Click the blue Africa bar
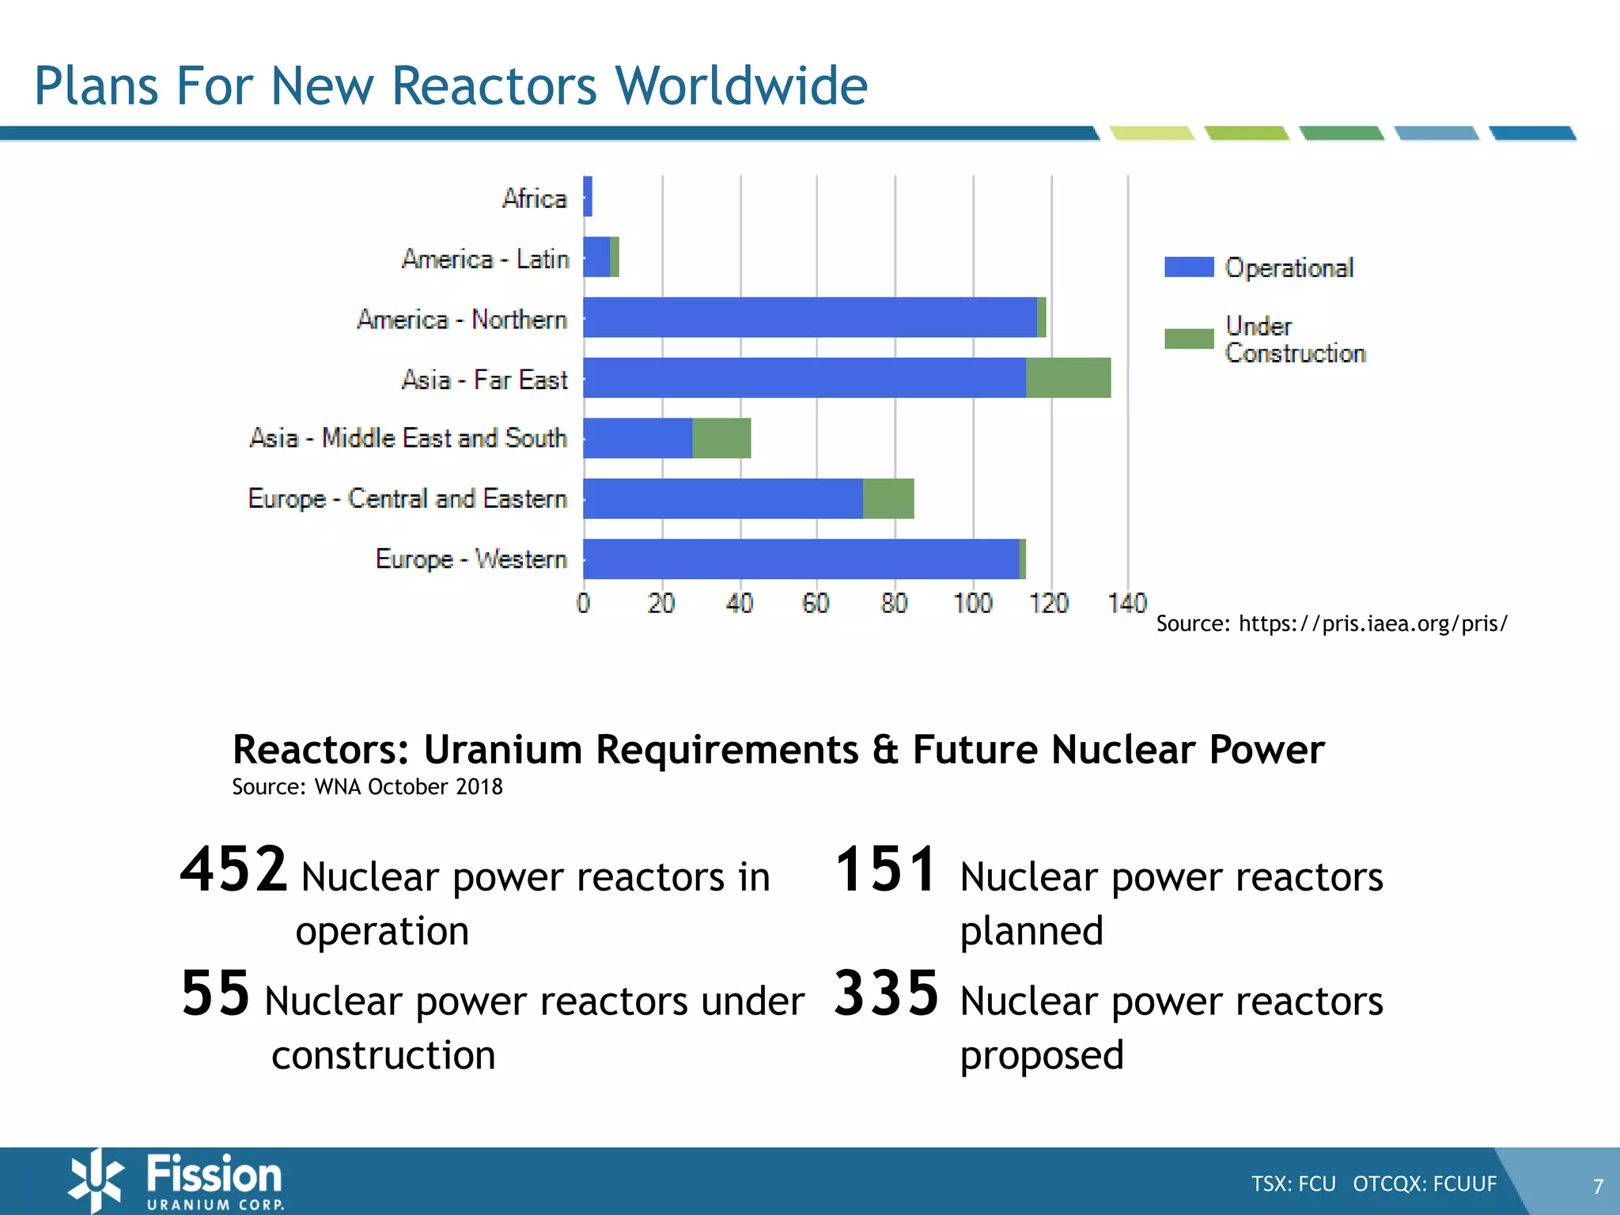588,196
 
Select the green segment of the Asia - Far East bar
1068,377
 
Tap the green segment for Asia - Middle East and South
721,438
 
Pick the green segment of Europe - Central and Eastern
888,498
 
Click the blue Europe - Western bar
801,559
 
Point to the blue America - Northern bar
809,317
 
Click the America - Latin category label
485,259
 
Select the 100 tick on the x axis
972,604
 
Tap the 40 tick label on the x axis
740,604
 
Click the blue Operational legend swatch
1189,267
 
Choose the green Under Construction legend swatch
1189,339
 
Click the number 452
233,869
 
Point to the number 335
887,994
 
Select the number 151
887,869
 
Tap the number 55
215,994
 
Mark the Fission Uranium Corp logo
176,1181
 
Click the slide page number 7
1598,1187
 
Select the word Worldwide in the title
740,85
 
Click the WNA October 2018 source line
367,787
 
